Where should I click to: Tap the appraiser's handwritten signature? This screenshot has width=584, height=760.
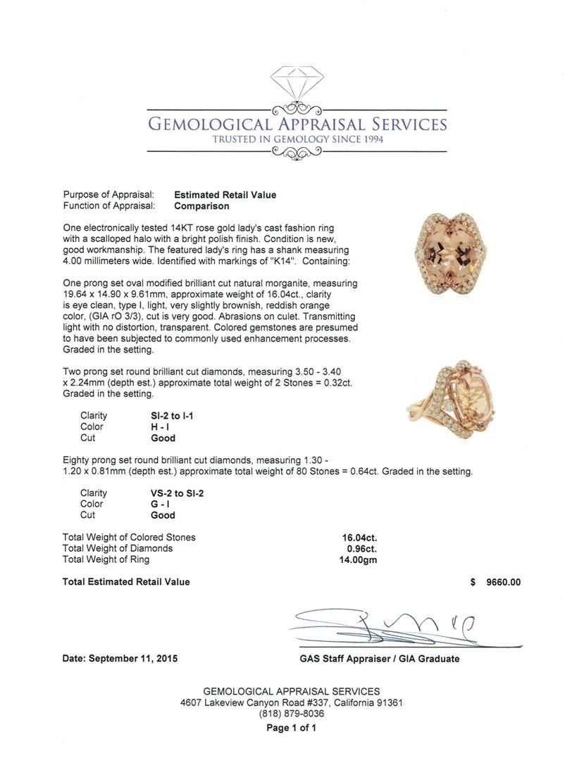click(x=394, y=628)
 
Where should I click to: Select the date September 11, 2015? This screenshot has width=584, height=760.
click(x=120, y=659)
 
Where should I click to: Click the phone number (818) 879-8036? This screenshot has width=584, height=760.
click(x=292, y=714)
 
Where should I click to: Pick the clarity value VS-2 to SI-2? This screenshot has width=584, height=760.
click(x=172, y=493)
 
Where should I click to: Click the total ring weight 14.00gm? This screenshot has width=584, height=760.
click(x=358, y=559)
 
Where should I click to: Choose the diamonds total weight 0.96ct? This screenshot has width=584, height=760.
click(x=361, y=548)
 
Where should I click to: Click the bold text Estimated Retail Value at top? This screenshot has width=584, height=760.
click(x=225, y=195)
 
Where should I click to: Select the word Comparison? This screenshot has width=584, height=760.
click(x=201, y=206)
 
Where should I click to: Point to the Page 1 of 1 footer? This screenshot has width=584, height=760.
click(x=291, y=728)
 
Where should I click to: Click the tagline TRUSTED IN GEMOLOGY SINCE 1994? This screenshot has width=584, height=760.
click(x=297, y=140)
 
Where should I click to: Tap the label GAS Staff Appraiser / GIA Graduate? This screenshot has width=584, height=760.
click(x=379, y=659)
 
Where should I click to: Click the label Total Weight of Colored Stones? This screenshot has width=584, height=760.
click(x=129, y=537)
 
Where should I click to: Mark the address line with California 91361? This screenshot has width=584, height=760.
click(x=292, y=702)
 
